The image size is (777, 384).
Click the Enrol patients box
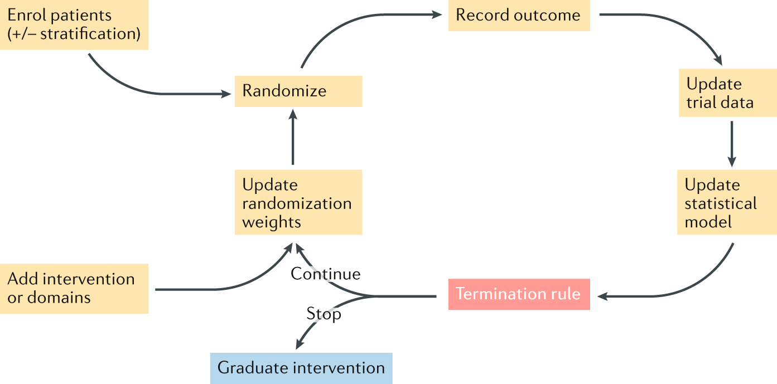(74, 25)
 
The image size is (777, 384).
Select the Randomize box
(298, 91)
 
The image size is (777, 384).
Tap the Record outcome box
(519, 16)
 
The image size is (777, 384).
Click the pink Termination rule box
(519, 294)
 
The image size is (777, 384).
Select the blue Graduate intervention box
(301, 368)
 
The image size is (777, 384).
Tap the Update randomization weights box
(298, 203)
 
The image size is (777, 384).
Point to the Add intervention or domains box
(74, 288)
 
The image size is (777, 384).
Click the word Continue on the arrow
(325, 274)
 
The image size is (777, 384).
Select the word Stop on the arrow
(324, 314)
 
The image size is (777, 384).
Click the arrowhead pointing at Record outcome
(436, 16)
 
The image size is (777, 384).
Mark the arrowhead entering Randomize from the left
(226, 94)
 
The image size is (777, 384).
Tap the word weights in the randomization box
(271, 222)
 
